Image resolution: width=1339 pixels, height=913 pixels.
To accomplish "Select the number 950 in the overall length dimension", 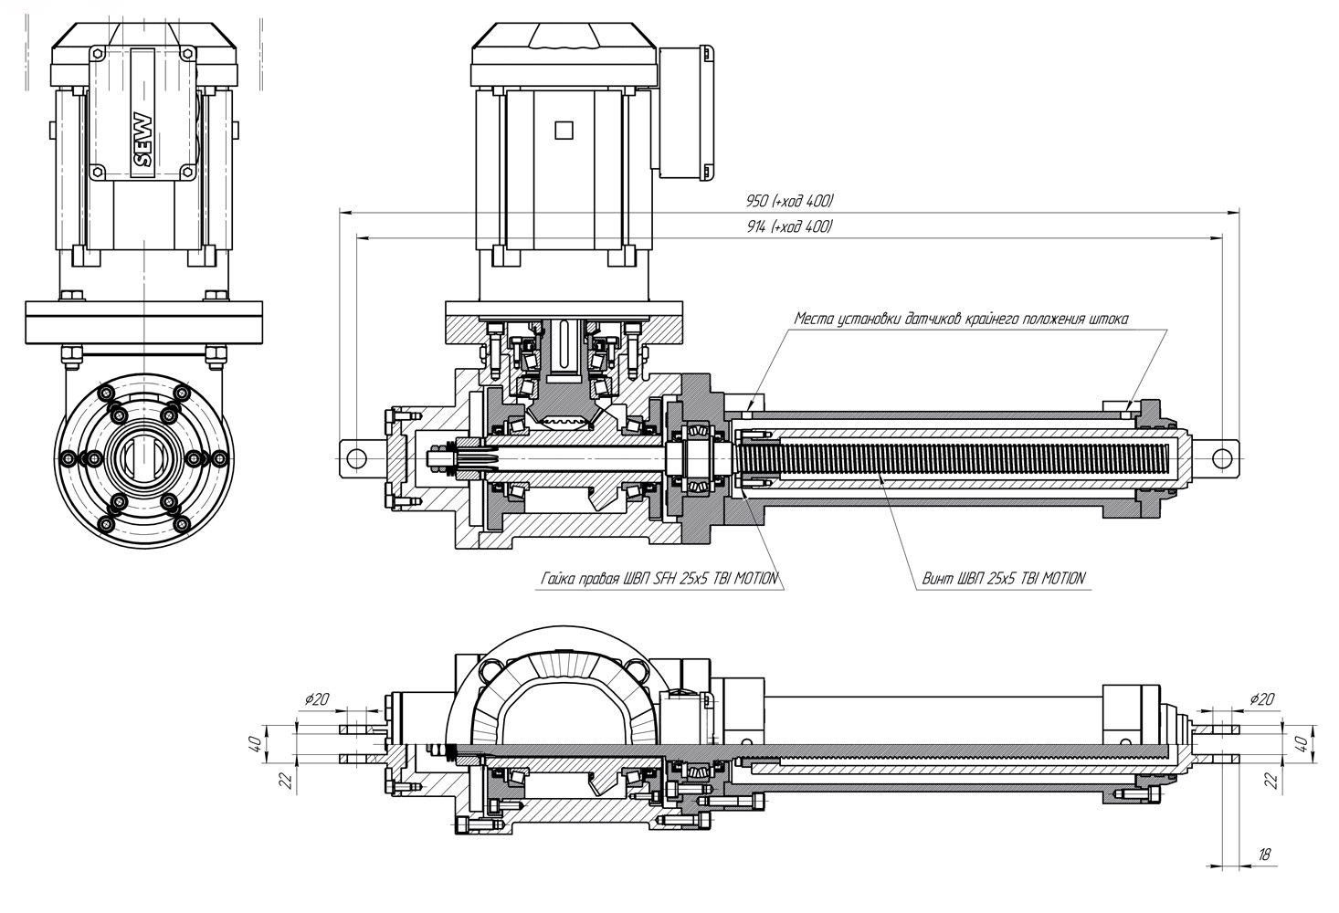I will click(757, 201).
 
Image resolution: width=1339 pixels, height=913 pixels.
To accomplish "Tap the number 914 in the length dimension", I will click(756, 226).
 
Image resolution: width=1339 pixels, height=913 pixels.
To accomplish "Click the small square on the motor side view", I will click(563, 130).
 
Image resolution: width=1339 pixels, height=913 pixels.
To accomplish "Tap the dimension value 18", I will click(1264, 855).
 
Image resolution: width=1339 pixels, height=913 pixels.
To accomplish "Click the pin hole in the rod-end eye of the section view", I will click(1218, 455).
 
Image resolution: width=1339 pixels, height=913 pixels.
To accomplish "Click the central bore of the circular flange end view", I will click(143, 456).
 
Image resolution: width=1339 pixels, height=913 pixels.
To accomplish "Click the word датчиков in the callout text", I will click(933, 320).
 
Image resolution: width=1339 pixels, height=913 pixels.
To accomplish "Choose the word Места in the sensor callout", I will click(813, 320).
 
